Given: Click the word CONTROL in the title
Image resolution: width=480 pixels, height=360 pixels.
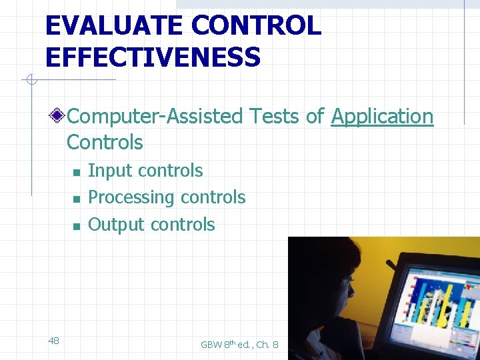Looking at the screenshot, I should [256, 26].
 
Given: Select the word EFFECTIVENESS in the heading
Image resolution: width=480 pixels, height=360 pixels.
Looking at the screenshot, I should [153, 57].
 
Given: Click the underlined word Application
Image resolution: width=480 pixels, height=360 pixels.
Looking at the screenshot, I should [382, 117].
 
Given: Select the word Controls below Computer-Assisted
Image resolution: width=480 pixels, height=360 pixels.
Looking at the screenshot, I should [105, 143].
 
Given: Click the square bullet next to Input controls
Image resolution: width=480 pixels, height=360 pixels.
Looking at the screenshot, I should [77, 173].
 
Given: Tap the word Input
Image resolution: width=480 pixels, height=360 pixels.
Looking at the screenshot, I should [109, 171].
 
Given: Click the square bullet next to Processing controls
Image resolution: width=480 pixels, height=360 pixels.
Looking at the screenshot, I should [77, 199].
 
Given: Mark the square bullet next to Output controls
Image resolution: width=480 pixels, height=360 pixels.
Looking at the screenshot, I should [77, 227].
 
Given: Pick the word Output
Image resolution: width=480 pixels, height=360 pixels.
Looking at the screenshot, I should [117, 225].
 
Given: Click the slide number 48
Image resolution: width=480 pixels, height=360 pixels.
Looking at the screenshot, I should [54, 341].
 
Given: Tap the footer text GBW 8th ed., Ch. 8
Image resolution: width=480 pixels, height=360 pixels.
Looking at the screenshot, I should [239, 344].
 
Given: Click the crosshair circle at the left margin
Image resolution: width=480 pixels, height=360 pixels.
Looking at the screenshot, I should [29, 81].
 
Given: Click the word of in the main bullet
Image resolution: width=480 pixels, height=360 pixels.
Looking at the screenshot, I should [315, 117].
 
